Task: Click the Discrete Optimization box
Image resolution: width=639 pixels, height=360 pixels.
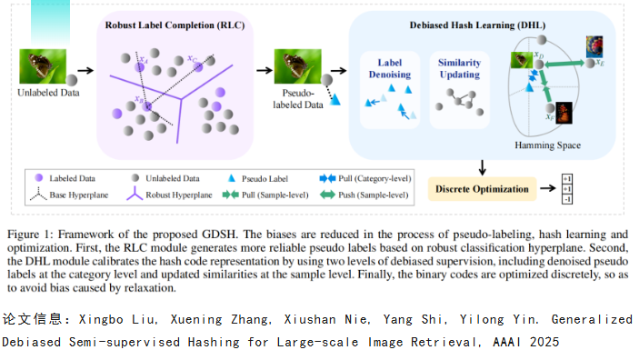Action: tap(482, 189)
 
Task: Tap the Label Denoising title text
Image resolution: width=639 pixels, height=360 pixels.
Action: tap(390, 68)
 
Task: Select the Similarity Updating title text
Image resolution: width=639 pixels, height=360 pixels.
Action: tap(459, 68)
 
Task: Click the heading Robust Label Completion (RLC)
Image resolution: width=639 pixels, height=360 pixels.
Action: tap(175, 25)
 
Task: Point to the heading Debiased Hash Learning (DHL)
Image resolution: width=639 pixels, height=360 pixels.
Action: tap(477, 25)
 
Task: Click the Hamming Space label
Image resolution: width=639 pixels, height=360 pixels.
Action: tap(547, 145)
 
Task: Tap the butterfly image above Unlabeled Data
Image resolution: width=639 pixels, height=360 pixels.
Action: tap(43, 66)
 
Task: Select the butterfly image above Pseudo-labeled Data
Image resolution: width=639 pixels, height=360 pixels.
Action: tap(297, 66)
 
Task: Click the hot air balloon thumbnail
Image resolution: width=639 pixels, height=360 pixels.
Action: tap(594, 46)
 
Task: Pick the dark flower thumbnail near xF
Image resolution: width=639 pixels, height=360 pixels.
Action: tap(564, 113)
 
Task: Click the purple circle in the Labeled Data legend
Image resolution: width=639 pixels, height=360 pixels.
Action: tap(39, 178)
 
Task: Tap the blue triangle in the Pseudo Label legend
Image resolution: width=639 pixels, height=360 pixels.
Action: tap(232, 178)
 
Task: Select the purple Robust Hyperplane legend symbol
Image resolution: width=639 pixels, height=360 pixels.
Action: tap(135, 194)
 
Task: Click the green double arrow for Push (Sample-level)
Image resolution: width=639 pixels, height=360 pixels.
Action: tap(327, 195)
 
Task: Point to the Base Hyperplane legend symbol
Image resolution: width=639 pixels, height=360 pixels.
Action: tap(38, 195)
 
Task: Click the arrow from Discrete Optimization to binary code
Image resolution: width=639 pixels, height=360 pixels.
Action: tap(548, 188)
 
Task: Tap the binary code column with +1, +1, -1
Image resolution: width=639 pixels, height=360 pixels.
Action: tap(567, 189)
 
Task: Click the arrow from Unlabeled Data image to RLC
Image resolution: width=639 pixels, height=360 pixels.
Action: tap(85, 71)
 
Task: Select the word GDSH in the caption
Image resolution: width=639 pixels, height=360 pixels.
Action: tap(219, 235)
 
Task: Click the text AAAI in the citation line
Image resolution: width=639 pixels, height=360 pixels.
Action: tap(506, 342)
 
